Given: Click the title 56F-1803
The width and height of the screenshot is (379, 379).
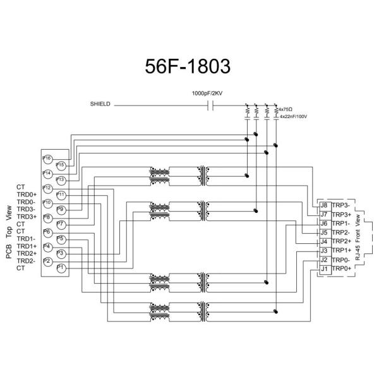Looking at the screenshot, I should point(189,66).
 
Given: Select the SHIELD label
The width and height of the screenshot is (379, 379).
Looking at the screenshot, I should point(101,104).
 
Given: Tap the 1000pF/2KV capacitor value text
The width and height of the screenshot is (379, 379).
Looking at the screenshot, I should point(211,93).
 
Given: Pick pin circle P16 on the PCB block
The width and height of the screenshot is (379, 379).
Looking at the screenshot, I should point(47,158).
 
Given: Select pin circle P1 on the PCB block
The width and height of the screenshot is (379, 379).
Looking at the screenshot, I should point(61,268).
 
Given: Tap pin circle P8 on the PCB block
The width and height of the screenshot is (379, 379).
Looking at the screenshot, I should point(47,217).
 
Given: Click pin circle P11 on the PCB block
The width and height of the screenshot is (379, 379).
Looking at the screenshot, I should point(61,194).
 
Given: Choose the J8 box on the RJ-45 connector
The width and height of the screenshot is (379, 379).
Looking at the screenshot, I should point(324,205).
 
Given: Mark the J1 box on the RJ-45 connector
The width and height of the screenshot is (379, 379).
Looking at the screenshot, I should point(324,268).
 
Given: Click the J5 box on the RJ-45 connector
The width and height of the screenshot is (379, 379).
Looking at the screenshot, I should point(324,232).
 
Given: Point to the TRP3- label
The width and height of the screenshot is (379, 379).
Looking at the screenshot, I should point(342,205).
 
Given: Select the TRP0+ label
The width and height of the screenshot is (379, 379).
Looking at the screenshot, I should point(342,268).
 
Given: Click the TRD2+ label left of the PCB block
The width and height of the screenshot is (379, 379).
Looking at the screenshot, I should point(26,253).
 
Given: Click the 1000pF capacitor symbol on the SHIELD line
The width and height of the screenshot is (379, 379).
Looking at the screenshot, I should point(212,105).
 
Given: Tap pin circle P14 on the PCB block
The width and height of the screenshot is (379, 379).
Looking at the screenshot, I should point(47,173).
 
